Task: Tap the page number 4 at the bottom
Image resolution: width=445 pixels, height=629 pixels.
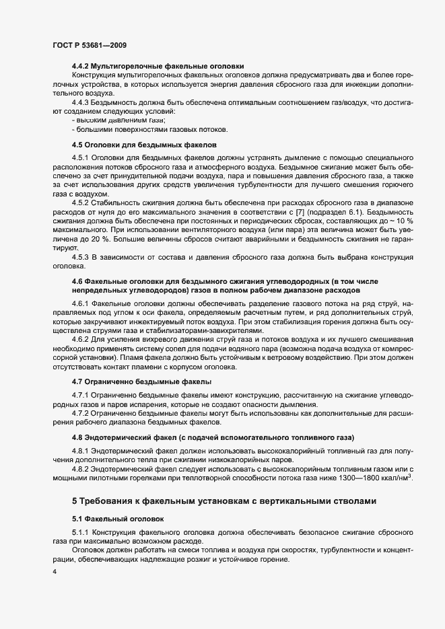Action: point(55,572)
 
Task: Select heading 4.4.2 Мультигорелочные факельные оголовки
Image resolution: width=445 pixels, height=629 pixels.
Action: point(158,66)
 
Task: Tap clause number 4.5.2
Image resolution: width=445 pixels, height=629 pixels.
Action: point(81,202)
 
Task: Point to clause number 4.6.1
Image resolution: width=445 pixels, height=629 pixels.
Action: point(81,304)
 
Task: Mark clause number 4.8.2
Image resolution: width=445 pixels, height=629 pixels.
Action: point(81,468)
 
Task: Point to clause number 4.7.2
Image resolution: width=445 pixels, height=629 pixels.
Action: point(81,413)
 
